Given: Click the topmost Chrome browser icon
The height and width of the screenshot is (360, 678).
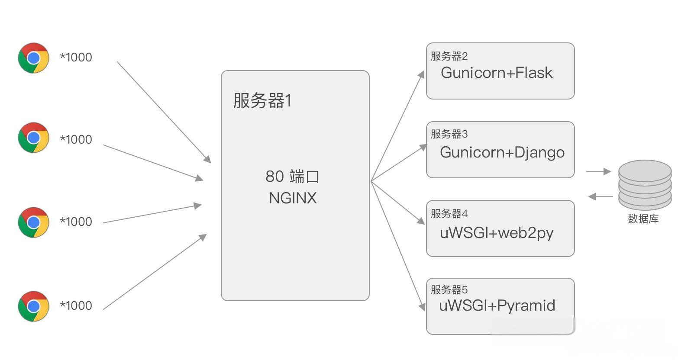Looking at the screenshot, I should [33, 58].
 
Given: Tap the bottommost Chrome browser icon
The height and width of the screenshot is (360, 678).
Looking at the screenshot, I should [33, 306].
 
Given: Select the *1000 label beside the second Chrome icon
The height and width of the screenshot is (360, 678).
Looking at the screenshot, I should [76, 139].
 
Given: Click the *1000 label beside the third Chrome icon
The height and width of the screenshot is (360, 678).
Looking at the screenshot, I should [76, 222].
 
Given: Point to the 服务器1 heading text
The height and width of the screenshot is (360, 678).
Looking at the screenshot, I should [262, 101].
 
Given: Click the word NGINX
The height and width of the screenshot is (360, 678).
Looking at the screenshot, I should [293, 198].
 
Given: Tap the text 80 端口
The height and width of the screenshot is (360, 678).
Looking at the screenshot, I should [292, 177].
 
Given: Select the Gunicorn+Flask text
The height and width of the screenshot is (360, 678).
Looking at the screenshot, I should [497, 73].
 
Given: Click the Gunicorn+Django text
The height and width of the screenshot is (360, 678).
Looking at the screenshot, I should [502, 152].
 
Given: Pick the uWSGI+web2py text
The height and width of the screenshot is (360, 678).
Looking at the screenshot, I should [497, 233].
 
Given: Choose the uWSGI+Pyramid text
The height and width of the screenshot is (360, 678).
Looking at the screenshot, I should [497, 305].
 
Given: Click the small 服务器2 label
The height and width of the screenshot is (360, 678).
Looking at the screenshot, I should [449, 56].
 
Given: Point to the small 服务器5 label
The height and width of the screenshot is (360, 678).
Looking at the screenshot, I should [449, 290].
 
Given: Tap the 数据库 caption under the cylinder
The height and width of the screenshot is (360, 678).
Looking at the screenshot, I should [643, 219].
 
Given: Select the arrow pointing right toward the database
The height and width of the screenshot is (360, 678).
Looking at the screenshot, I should [598, 172].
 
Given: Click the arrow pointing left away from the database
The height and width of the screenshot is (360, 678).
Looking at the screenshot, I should [601, 197].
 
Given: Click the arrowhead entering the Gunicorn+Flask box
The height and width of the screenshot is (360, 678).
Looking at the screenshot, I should [421, 75].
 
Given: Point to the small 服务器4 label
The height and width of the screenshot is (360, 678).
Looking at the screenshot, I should [449, 214].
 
